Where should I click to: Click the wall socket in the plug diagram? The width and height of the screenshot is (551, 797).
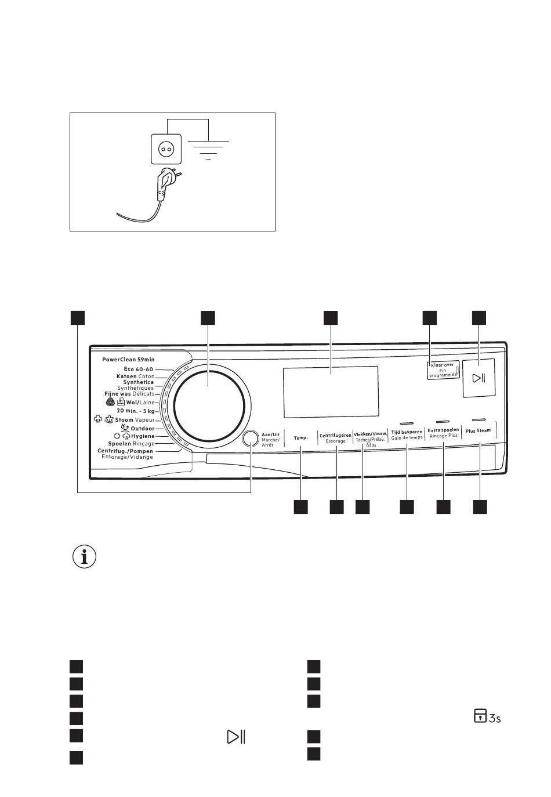166,149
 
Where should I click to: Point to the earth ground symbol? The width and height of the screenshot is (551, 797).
208,150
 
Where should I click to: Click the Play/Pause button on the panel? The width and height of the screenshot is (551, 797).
479,378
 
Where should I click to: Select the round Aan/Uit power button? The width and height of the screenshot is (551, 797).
250,438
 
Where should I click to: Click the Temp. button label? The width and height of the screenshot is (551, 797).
300,437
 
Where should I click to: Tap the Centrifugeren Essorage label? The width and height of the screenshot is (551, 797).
335,438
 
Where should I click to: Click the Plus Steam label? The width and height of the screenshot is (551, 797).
478,430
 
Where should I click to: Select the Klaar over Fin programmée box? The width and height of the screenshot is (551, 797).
443,370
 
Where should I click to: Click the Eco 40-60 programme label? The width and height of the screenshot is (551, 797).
139,369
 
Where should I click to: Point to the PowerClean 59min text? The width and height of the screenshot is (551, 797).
128,360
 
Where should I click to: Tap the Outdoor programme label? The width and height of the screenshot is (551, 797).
143,429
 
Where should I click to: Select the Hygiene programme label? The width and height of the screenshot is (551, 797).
143,436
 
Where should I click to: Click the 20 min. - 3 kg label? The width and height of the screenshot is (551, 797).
136,411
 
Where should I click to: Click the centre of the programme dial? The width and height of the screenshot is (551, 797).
209,405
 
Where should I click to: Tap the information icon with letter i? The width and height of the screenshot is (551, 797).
84,556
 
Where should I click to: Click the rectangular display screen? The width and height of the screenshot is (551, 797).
331,392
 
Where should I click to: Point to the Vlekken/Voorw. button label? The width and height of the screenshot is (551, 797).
370,434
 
